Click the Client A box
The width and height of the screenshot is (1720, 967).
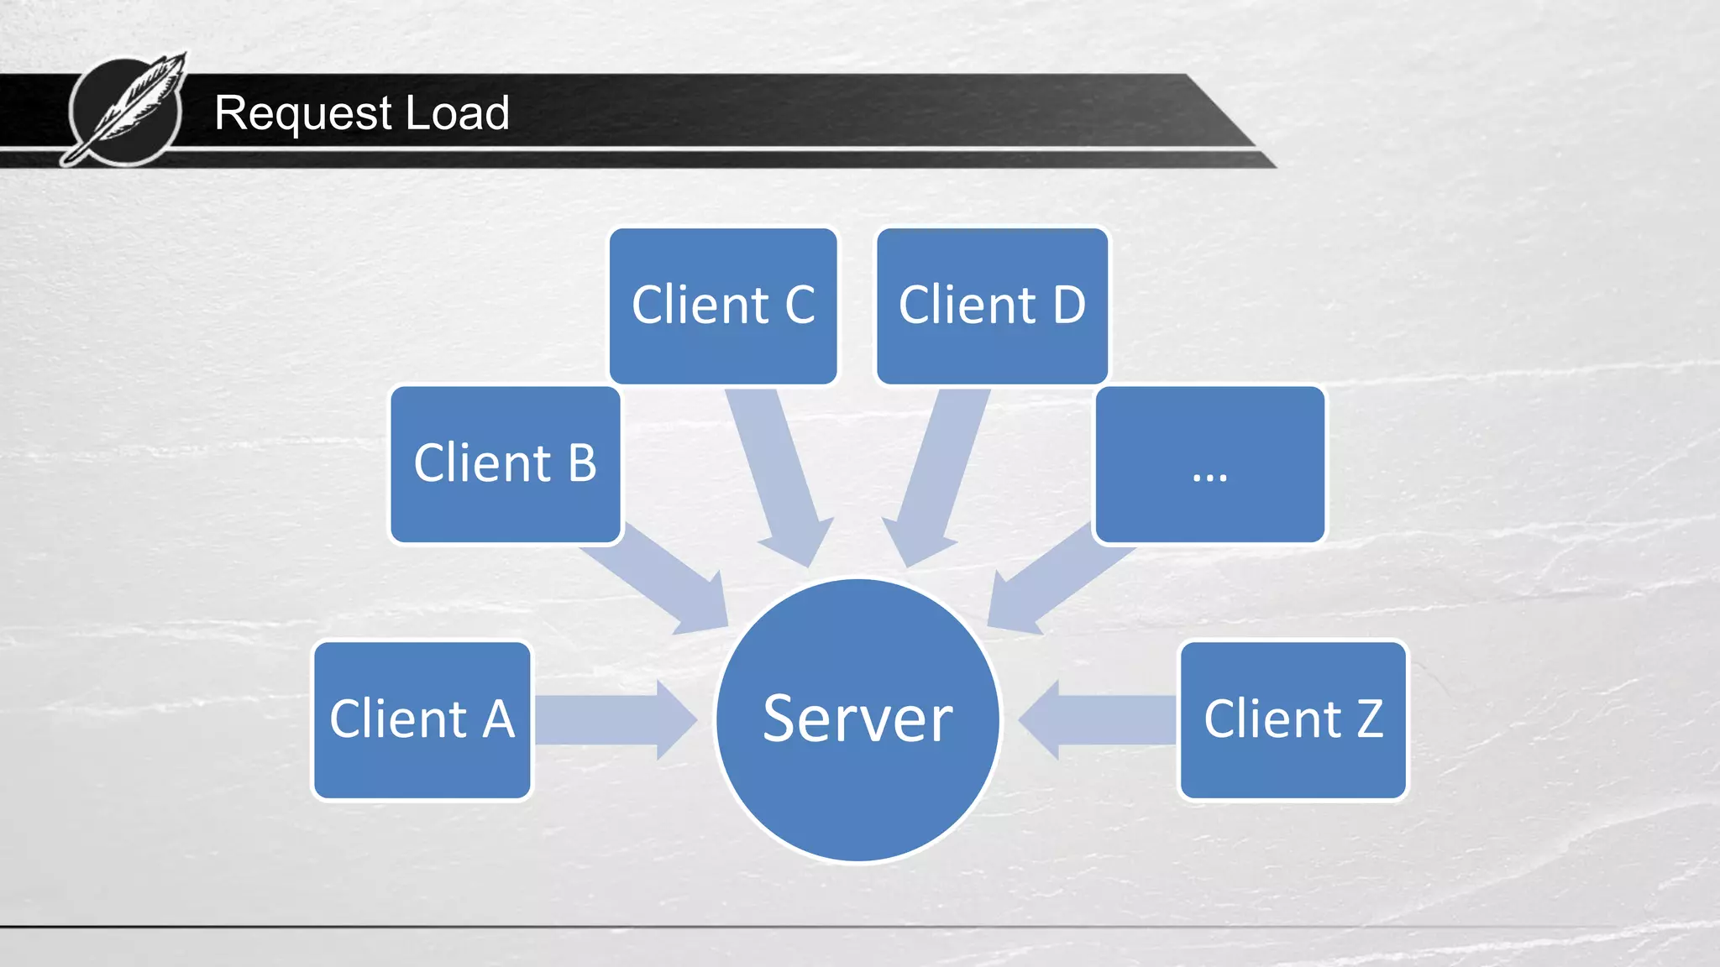click(422, 720)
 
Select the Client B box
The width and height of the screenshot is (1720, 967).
click(505, 464)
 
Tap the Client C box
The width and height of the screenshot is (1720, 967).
click(722, 306)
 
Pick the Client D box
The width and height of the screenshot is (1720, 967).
click(992, 306)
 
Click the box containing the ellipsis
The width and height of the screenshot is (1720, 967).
click(1209, 464)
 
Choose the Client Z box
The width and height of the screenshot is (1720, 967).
click(1293, 720)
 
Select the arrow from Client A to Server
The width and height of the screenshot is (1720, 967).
click(613, 720)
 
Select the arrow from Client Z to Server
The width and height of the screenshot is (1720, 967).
click(1100, 720)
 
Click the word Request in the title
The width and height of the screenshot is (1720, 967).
click(302, 113)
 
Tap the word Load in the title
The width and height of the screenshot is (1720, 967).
click(457, 113)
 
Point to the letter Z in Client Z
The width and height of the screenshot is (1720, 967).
click(1369, 719)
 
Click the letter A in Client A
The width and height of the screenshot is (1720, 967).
click(498, 719)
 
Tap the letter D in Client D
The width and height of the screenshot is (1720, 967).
click(1068, 305)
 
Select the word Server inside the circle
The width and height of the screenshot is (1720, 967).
click(857, 719)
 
